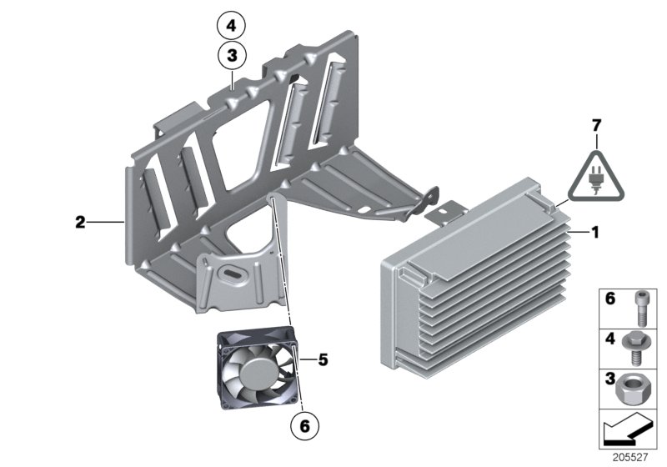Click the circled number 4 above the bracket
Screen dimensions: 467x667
[x=231, y=26]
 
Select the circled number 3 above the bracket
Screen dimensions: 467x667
[x=231, y=57]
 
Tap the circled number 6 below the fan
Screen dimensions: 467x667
[x=305, y=425]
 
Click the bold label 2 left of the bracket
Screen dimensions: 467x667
[x=80, y=222]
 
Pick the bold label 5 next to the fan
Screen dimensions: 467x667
[x=323, y=360]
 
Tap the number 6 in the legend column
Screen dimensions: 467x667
[x=609, y=299]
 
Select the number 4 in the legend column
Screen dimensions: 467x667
[x=609, y=340]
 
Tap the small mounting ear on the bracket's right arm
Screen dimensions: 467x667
[x=430, y=198]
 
